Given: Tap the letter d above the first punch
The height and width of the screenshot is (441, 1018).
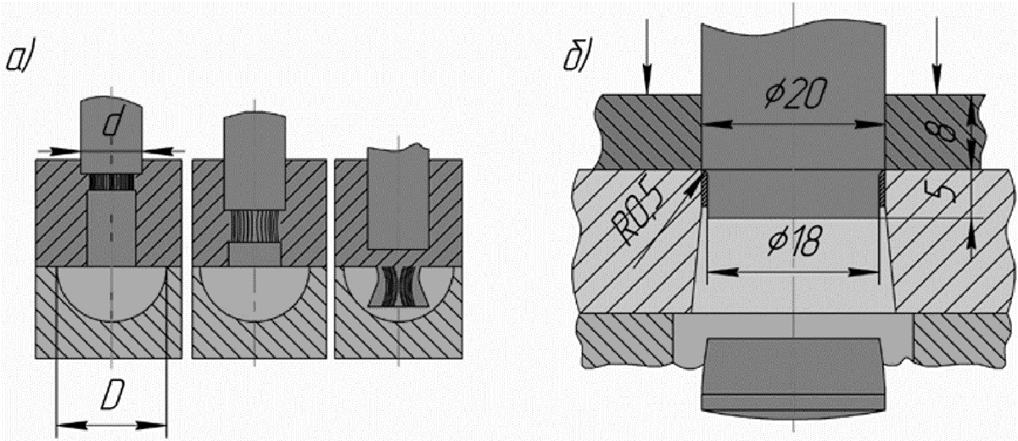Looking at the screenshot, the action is click(111, 124).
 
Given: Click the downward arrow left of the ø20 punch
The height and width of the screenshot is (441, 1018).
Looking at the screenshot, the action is click(646, 56).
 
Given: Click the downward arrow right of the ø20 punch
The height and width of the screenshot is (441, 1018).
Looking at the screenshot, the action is click(937, 56).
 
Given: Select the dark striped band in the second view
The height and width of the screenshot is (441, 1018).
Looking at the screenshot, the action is click(255, 226).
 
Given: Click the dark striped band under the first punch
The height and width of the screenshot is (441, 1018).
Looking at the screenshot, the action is click(111, 181).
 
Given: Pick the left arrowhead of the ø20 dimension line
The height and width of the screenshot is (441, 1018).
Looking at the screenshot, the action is click(717, 125).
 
